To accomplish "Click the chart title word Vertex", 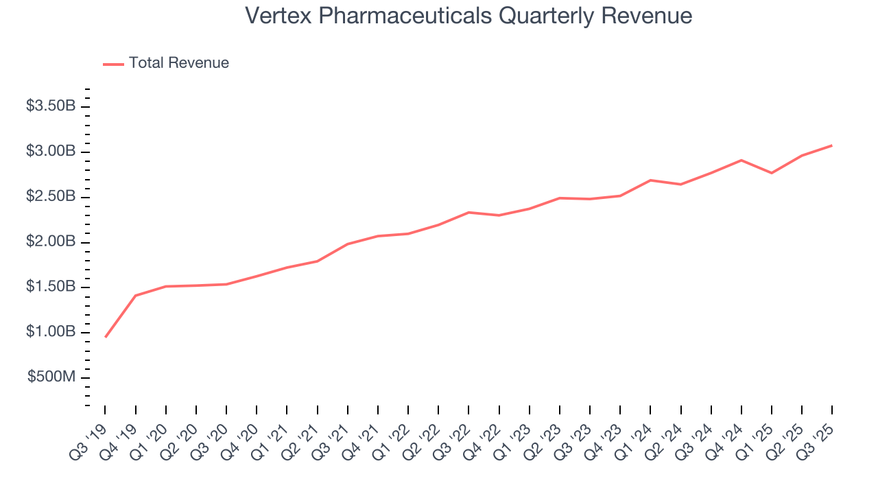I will coord(276,16).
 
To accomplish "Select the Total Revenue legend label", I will coord(178,63).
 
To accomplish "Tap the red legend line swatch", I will coord(113,64).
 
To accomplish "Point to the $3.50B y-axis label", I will coord(51,106).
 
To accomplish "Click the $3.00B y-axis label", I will coord(51,152).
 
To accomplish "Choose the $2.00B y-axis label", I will coord(51,242).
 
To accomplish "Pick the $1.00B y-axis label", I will coord(51,333).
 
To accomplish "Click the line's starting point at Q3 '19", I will coord(106,337).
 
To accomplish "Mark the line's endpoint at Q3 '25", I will coord(832,145).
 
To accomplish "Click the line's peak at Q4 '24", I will coord(741,160).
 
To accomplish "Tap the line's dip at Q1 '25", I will coord(772,173).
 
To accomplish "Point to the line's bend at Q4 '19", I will coord(136,296).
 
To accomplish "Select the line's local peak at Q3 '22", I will coord(468,212).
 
